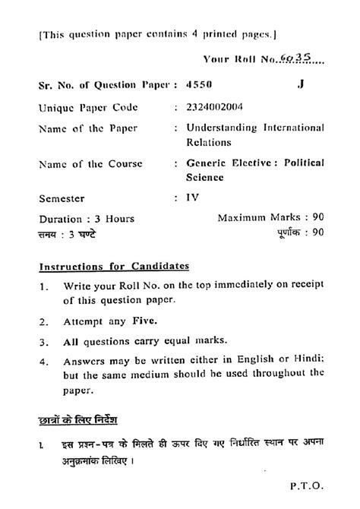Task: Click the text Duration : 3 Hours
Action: pyautogui.click(x=86, y=220)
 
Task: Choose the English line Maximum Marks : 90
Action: pyautogui.click(x=271, y=218)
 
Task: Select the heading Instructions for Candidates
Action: pyautogui.click(x=115, y=267)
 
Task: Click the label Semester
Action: pyautogui.click(x=64, y=198)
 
